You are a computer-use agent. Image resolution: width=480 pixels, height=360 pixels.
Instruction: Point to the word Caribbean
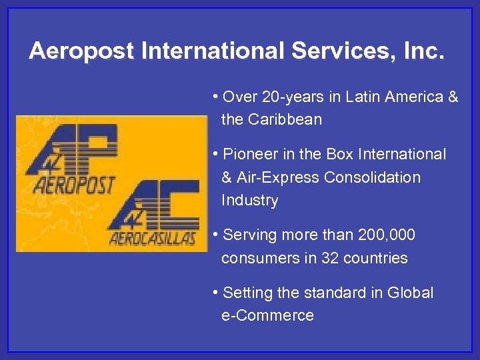(285, 120)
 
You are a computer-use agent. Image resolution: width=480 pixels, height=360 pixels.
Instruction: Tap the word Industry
(249, 201)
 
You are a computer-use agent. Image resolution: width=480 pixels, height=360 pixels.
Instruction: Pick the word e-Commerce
(267, 316)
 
